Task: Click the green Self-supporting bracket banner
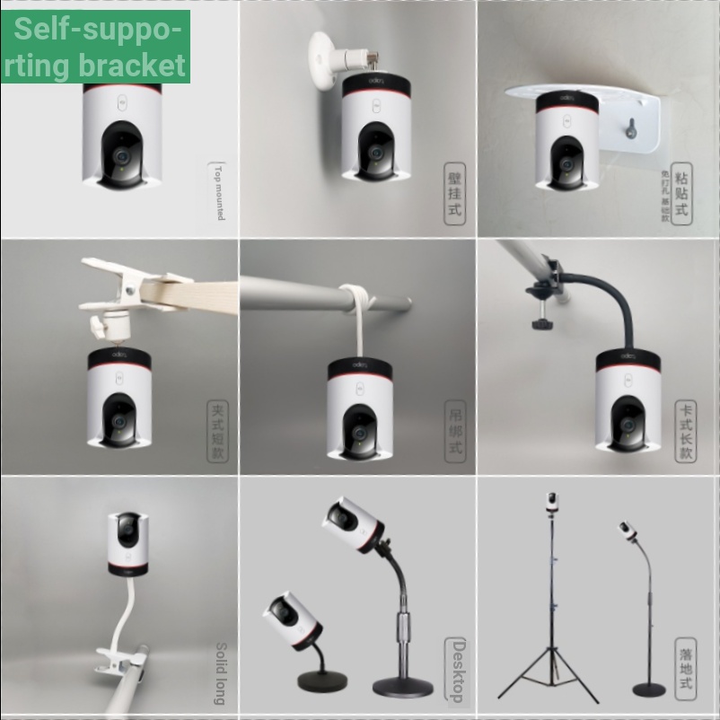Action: click(96, 47)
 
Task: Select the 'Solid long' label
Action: click(220, 672)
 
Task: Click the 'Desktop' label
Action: click(457, 671)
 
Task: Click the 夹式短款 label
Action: click(217, 431)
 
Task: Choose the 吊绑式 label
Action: click(455, 431)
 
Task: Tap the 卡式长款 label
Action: click(686, 431)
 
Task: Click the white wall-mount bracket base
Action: click(322, 61)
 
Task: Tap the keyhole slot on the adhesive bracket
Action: click(631, 127)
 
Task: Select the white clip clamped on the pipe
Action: click(121, 663)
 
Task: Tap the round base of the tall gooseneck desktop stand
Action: click(402, 687)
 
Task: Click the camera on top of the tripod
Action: click(551, 502)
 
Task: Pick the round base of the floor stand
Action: click(649, 689)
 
